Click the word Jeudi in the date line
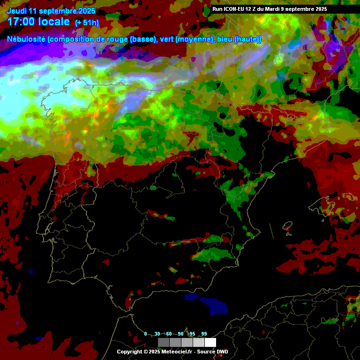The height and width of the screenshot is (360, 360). pyautogui.click(x=16, y=11)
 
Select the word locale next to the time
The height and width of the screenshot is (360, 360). pyautogui.click(x=55, y=22)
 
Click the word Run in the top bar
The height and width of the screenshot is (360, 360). pyautogui.click(x=217, y=9)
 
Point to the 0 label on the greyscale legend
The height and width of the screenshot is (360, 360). pyautogui.click(x=145, y=334)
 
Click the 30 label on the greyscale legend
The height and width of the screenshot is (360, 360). pyautogui.click(x=157, y=334)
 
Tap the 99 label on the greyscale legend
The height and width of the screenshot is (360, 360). pyautogui.click(x=204, y=334)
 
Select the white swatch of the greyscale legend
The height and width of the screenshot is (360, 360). pyautogui.click(x=210, y=342)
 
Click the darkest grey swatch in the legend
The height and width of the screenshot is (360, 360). pyautogui.click(x=163, y=342)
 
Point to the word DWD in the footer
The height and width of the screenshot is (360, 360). pyautogui.click(x=222, y=352)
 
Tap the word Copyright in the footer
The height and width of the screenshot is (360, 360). pyautogui.click(x=129, y=352)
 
